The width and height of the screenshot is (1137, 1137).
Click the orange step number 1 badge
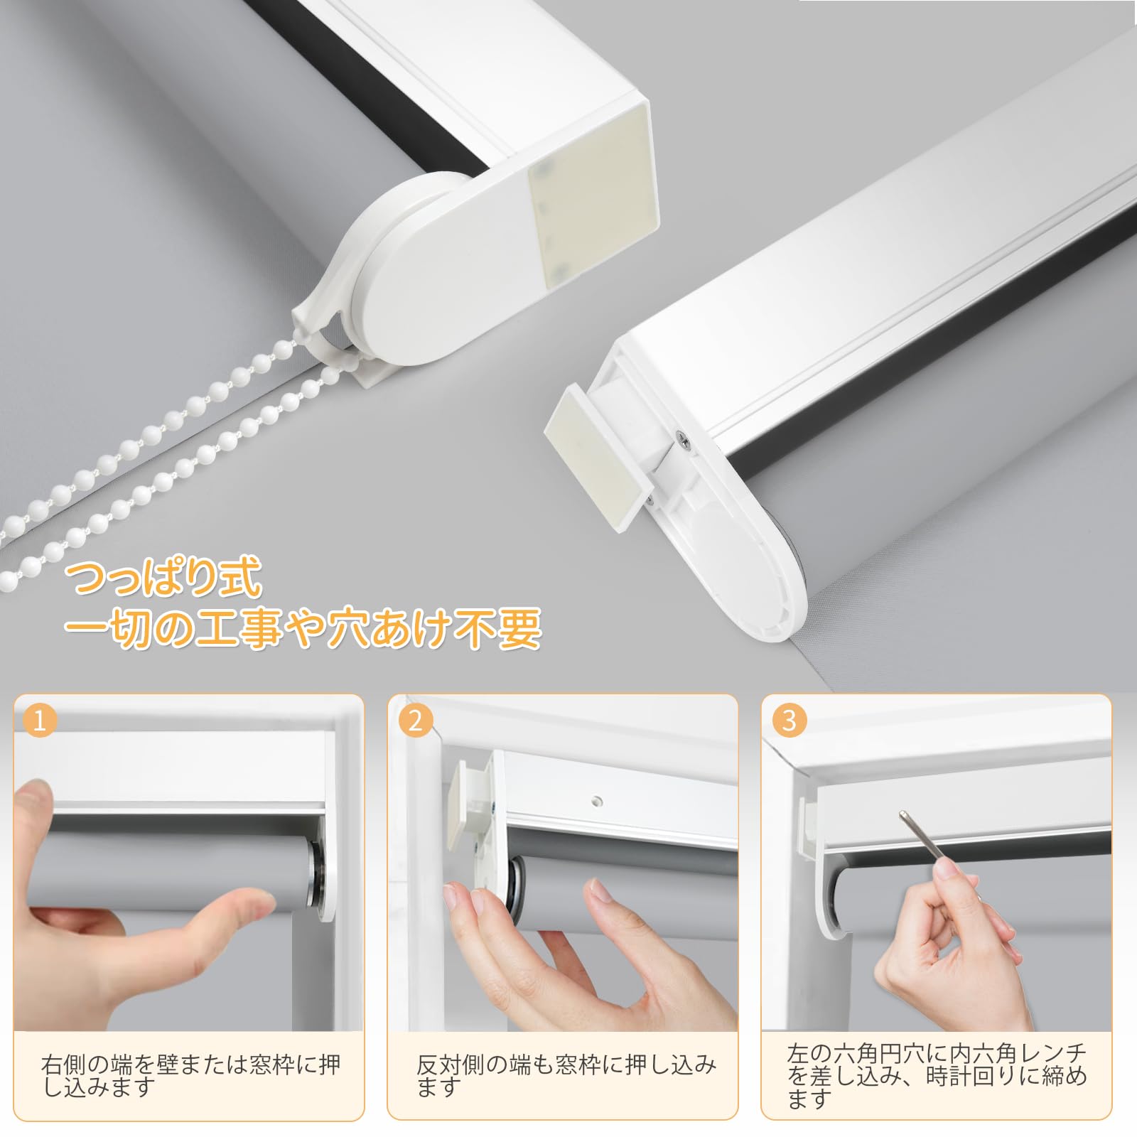40,721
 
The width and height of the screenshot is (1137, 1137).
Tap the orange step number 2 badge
415,721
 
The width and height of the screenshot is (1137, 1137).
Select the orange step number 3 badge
789,721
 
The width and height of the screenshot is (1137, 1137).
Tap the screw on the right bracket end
684,442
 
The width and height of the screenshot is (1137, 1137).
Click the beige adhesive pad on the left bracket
589,198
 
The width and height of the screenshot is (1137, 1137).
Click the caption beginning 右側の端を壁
191,1074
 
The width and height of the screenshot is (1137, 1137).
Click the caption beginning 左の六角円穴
937,1075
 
